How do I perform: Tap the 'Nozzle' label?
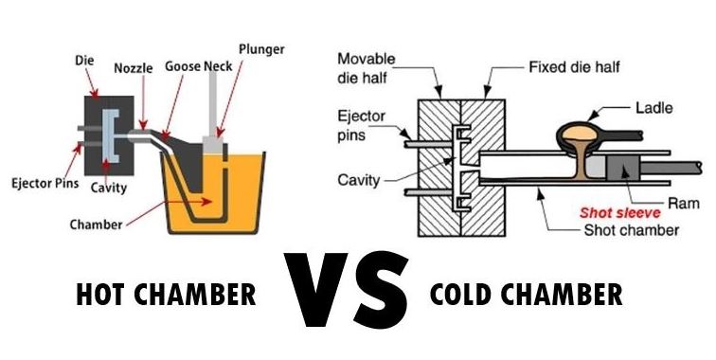(x=134, y=69)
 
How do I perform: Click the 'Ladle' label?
(x=653, y=106)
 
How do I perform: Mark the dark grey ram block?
(x=617, y=170)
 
